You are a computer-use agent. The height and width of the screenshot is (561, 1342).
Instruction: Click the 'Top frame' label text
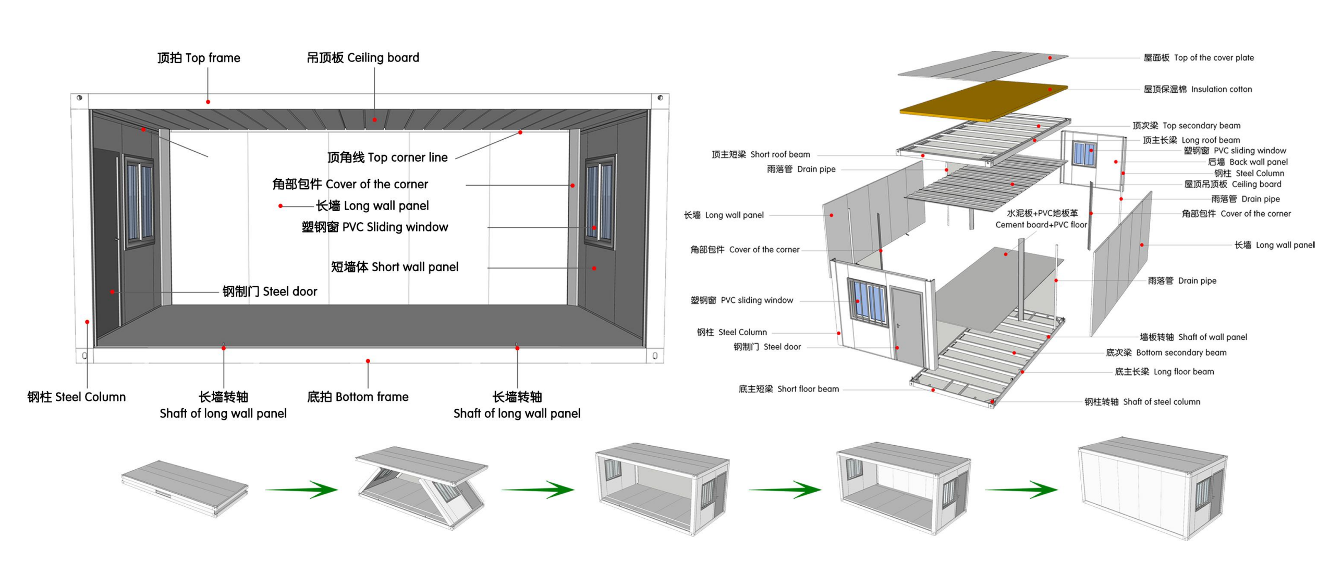[x=199, y=58]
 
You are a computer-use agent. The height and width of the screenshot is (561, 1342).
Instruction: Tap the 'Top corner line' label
[x=387, y=157]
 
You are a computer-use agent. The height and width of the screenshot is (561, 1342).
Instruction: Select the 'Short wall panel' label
[x=395, y=267]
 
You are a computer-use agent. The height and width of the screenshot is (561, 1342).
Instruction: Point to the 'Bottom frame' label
[x=358, y=397]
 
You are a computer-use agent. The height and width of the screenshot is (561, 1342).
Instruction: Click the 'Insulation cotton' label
[x=1197, y=89]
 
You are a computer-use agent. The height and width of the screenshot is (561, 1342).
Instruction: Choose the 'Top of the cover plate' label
[x=1198, y=58]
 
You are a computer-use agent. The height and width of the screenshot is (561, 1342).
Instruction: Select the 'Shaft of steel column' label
[x=1142, y=401]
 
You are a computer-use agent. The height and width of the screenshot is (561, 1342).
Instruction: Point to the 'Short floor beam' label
[x=788, y=389]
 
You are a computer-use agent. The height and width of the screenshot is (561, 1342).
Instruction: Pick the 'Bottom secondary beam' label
[x=1166, y=352]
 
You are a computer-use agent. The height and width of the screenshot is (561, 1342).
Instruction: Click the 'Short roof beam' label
[x=761, y=154]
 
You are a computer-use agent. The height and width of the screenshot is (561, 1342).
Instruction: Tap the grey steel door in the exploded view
[x=907, y=326]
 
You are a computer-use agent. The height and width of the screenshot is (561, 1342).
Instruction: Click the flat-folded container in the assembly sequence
[x=185, y=487]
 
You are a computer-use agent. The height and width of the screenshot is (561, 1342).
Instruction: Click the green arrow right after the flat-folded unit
[x=302, y=489]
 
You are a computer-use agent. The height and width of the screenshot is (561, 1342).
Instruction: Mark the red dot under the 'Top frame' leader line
[x=208, y=102]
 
